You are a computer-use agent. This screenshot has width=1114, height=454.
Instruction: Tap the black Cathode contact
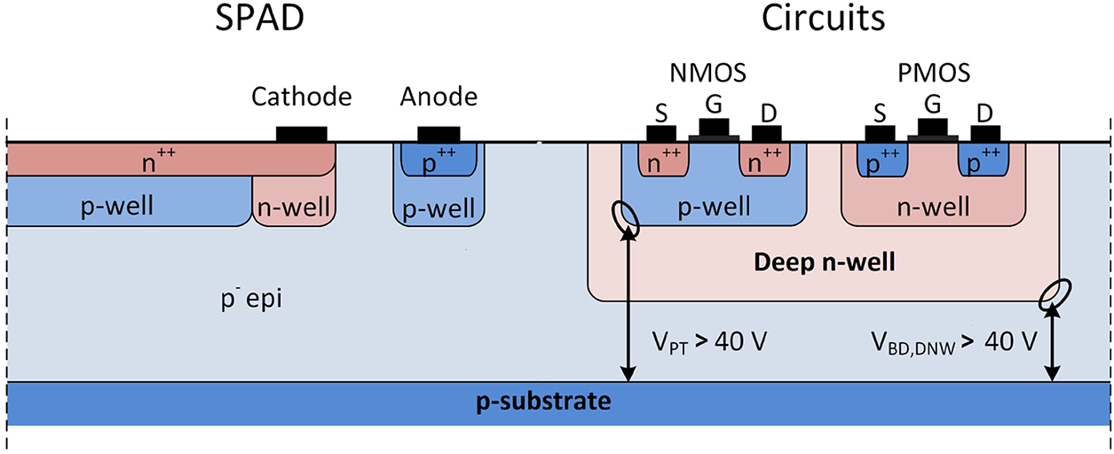tap(301, 134)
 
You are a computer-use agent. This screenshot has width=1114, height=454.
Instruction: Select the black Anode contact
tap(439, 134)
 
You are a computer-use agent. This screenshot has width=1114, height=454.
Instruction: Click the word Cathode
tap(301, 96)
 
